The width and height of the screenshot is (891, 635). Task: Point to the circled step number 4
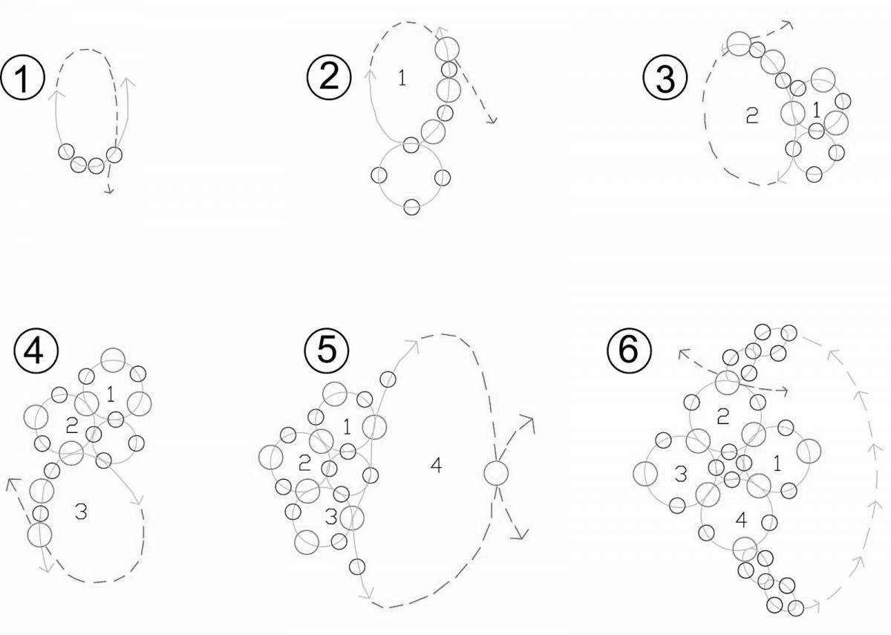(x=33, y=352)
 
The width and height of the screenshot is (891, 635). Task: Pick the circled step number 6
(x=628, y=350)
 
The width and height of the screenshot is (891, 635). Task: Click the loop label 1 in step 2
(x=402, y=77)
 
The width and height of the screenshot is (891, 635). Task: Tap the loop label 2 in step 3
(x=751, y=116)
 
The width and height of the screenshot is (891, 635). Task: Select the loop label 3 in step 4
(x=82, y=510)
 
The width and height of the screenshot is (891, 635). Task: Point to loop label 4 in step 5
(x=436, y=466)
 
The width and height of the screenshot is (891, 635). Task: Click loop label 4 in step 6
(x=740, y=520)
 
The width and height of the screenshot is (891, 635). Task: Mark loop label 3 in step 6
(x=679, y=476)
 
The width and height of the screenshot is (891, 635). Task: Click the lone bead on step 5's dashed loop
(x=495, y=472)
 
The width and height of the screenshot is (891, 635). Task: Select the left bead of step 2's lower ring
(x=379, y=176)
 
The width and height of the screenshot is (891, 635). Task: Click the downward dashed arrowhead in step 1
(x=109, y=192)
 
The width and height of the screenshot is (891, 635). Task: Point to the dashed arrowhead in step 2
(x=491, y=120)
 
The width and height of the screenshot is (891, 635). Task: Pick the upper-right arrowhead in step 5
(x=529, y=421)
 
